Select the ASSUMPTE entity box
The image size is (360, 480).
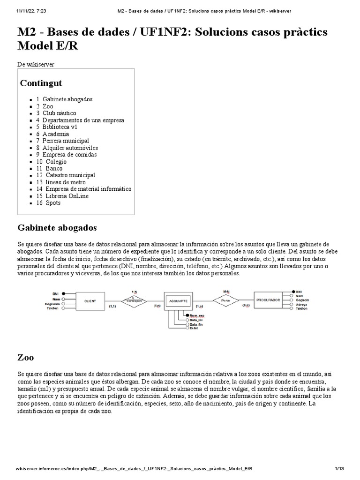tap(178, 300)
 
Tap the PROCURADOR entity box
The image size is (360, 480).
tap(268, 300)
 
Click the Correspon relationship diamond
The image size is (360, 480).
tap(134, 300)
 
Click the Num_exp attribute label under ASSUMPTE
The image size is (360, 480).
tap(197, 316)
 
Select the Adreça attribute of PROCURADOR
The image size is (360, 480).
tap(302, 304)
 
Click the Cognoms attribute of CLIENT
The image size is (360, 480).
tap(52, 304)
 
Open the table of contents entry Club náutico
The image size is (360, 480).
tap(59, 113)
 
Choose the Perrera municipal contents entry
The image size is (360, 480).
tap(65, 141)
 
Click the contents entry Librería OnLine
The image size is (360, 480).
tap(67, 196)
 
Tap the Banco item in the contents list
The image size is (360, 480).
tap(53, 168)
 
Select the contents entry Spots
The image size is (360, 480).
tap(53, 203)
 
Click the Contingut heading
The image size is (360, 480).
tap(41, 83)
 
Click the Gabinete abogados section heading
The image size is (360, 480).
tap(57, 228)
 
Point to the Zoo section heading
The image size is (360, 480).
tap(25, 357)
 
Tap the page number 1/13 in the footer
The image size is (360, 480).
tap(339, 469)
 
